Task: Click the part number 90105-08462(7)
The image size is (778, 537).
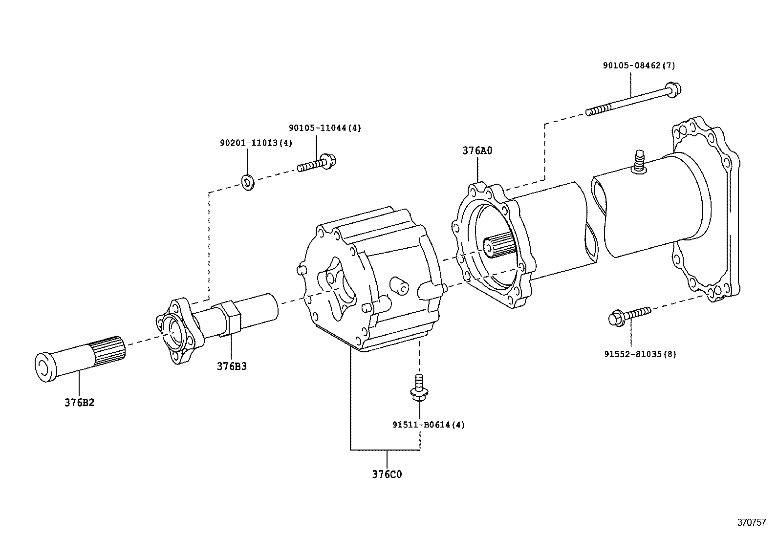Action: pyautogui.click(x=639, y=65)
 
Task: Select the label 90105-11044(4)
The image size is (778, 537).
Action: pyautogui.click(x=324, y=128)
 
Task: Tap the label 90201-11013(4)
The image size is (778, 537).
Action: pyautogui.click(x=256, y=143)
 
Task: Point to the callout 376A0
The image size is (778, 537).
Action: pyautogui.click(x=477, y=150)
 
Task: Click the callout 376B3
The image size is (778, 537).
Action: pyautogui.click(x=232, y=366)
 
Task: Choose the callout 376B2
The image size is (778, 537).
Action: pyautogui.click(x=79, y=403)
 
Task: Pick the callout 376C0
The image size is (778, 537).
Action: pyautogui.click(x=387, y=474)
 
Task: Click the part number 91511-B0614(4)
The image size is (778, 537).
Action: pyautogui.click(x=428, y=425)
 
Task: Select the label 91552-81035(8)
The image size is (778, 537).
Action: pyautogui.click(x=640, y=354)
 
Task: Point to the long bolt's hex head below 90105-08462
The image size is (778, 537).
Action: pyautogui.click(x=673, y=90)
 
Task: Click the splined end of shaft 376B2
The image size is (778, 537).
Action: pyautogui.click(x=109, y=352)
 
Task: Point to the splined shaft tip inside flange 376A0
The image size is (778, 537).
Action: pyautogui.click(x=498, y=245)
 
